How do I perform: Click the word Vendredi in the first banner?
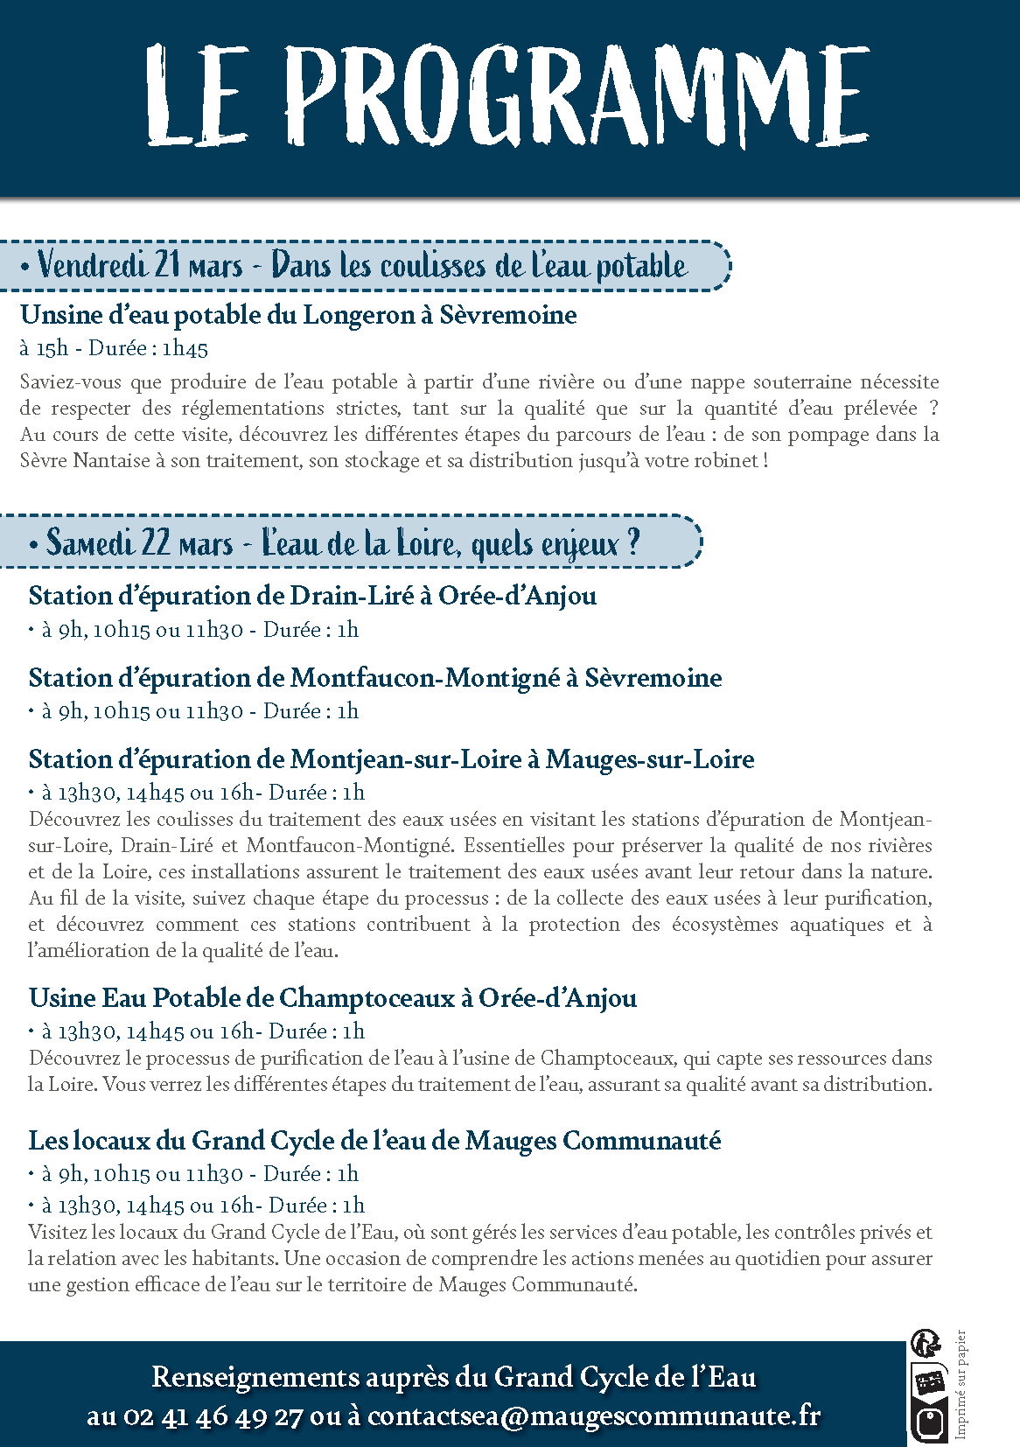click(x=92, y=265)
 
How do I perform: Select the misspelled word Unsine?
click(x=54, y=315)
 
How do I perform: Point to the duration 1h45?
click(x=185, y=348)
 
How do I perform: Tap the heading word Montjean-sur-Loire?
click(x=406, y=759)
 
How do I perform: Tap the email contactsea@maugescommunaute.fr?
click(x=594, y=1416)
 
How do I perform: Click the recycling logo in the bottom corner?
click(x=927, y=1391)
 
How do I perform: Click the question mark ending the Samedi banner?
click(x=633, y=542)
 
